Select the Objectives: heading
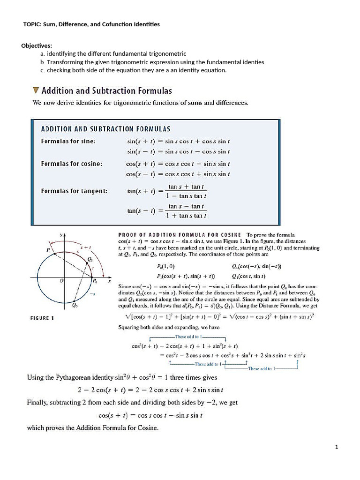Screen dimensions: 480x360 [37, 45]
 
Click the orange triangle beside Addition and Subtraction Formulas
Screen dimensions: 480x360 [36, 90]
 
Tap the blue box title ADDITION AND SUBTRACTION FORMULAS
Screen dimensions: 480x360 [105, 128]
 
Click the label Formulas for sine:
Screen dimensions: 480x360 [68, 141]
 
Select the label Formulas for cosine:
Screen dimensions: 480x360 [72, 164]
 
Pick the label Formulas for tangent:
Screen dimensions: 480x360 [74, 191]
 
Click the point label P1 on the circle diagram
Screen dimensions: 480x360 [49, 250]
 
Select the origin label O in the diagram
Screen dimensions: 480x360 [61, 281]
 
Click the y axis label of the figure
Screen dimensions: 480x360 [60, 233]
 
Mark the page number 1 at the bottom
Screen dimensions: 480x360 [337, 447]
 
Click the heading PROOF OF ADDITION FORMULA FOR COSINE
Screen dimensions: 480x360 [180, 234]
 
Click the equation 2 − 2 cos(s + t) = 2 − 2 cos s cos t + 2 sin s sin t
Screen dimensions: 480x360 [150, 390]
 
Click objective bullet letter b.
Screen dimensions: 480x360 [42, 62]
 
